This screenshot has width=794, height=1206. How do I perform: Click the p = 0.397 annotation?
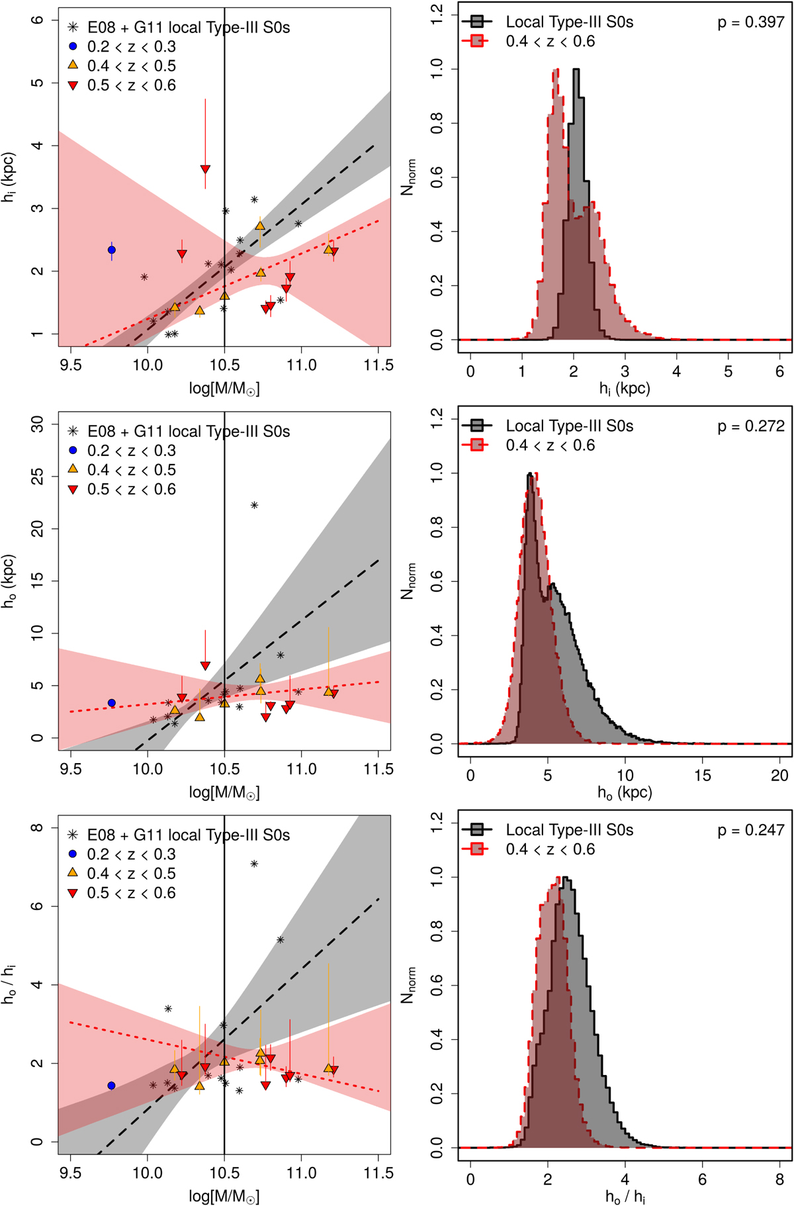(x=750, y=23)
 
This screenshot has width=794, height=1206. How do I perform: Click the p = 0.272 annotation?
(x=750, y=426)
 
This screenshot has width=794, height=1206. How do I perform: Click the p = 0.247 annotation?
(x=750, y=830)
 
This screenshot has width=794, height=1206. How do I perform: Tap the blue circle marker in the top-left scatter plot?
(x=112, y=250)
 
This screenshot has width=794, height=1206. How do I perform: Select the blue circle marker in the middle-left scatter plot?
(x=112, y=703)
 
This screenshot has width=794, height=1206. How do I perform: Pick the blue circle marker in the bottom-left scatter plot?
(x=111, y=1086)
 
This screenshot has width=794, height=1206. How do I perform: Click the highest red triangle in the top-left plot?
(x=205, y=169)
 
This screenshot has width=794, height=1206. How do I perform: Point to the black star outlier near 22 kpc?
(x=254, y=505)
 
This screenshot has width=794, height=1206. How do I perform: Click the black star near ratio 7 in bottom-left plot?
(x=254, y=864)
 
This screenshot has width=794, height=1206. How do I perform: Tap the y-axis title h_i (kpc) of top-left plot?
(x=9, y=177)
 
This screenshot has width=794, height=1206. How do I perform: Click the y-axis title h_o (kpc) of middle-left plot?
(x=9, y=581)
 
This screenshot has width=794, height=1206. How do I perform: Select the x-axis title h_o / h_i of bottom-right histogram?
(x=625, y=1196)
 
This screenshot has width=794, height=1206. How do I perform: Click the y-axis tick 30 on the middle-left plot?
(x=38, y=424)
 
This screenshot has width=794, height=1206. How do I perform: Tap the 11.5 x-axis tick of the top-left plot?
(x=378, y=365)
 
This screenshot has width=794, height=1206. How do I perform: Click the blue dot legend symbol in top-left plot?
(x=73, y=46)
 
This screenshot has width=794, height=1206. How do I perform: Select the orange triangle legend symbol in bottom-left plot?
(x=73, y=873)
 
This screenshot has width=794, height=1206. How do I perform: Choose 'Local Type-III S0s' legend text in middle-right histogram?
(x=569, y=426)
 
